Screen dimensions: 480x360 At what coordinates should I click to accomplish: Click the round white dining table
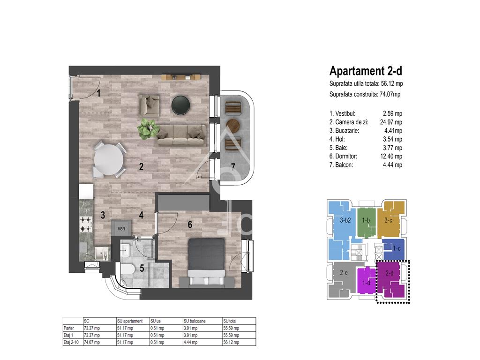pyautogui.click(x=109, y=159)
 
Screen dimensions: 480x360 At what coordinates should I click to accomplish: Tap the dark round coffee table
pyautogui.click(x=180, y=105)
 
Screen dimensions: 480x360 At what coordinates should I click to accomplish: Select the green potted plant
pyautogui.click(x=148, y=128)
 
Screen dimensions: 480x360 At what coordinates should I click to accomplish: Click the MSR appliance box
pyautogui.click(x=121, y=228)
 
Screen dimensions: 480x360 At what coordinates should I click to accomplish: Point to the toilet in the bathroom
pyautogui.click(x=127, y=270)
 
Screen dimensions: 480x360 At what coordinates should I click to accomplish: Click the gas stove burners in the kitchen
pyautogui.click(x=86, y=224)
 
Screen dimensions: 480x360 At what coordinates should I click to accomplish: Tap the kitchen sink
pyautogui.click(x=101, y=254)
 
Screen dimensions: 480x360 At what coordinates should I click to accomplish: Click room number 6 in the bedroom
pyautogui.click(x=190, y=225)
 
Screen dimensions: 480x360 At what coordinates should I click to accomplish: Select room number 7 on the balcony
pyautogui.click(x=233, y=166)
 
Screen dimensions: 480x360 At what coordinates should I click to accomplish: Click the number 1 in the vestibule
pyautogui.click(x=98, y=93)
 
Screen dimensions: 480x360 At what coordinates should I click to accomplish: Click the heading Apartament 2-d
pyautogui.click(x=366, y=71)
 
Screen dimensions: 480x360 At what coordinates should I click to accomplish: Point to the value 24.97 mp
pyautogui.click(x=391, y=122)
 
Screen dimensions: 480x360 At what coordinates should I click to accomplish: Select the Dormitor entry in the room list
pyautogui.click(x=343, y=157)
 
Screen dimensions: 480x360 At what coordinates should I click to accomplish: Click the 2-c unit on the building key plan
pyautogui.click(x=388, y=220)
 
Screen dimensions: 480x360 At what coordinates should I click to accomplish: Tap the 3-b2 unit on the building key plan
pyautogui.click(x=345, y=220)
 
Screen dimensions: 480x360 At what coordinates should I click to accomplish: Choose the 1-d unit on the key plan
pyautogui.click(x=366, y=283)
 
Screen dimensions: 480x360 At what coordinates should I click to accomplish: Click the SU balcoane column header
pyautogui.click(x=195, y=321)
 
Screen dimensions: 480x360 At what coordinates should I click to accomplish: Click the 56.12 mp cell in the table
pyautogui.click(x=231, y=342)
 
